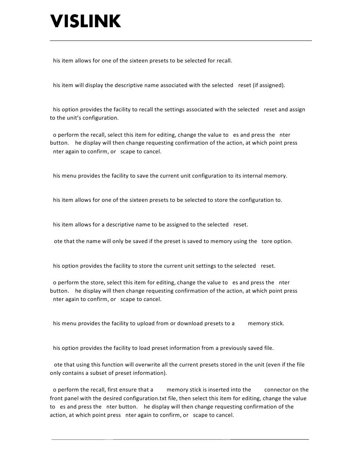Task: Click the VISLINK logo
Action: point(86,21)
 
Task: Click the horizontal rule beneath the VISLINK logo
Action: point(181,41)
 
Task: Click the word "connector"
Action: point(279,390)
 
